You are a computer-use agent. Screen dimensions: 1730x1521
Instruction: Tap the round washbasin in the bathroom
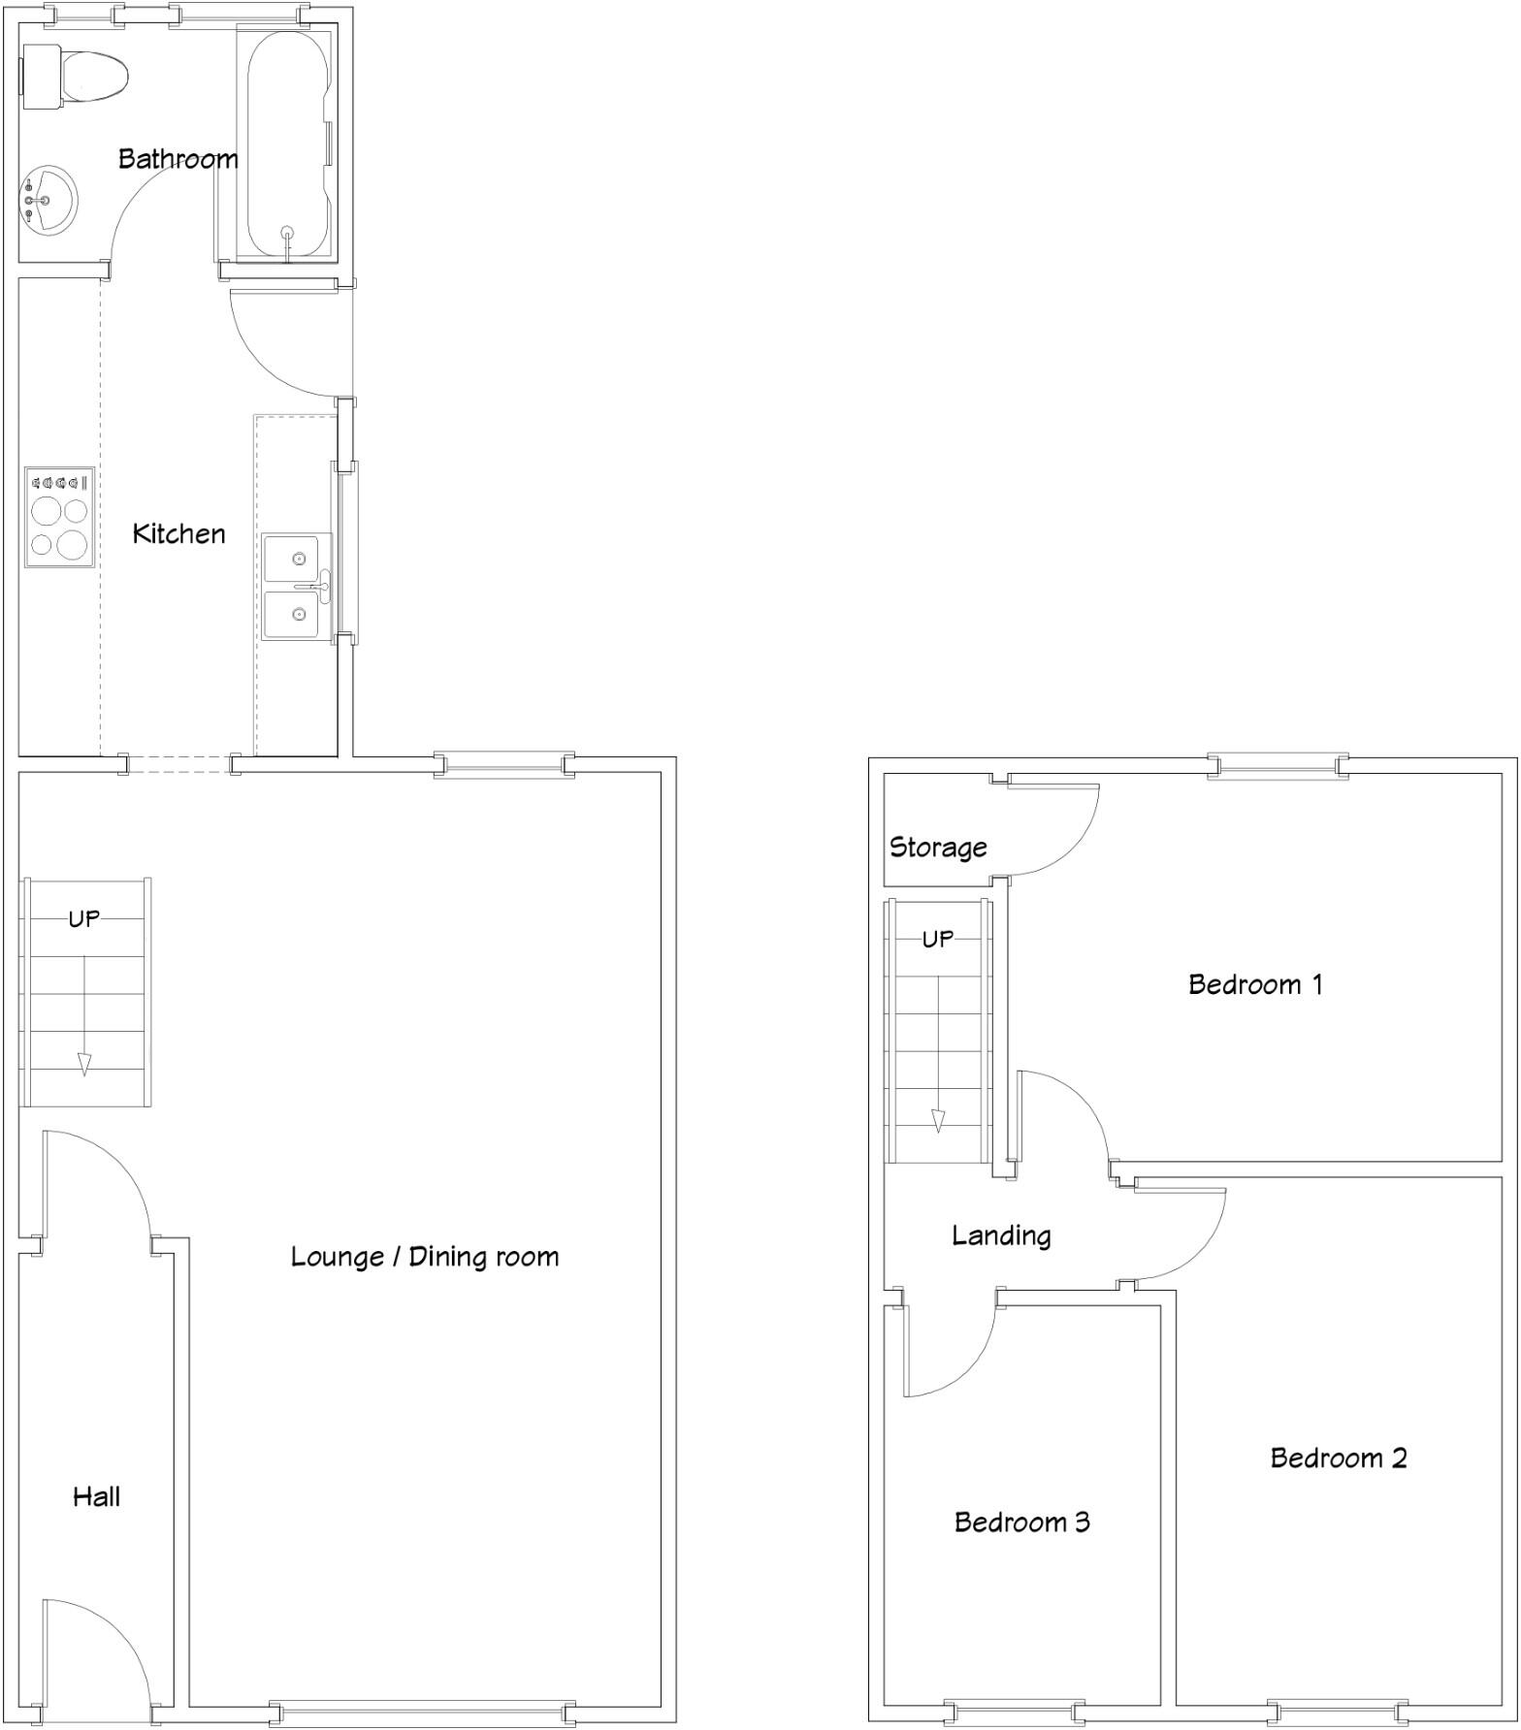pos(47,200)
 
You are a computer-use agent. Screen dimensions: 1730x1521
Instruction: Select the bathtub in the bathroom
pos(288,145)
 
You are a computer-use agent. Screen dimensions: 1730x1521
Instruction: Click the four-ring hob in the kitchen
pos(59,517)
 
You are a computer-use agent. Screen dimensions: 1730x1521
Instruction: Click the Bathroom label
pos(178,158)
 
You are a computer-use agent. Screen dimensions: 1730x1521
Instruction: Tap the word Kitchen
pos(178,533)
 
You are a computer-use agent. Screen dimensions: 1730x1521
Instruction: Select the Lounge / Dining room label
pos(425,1257)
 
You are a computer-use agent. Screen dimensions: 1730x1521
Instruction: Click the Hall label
pos(96,1496)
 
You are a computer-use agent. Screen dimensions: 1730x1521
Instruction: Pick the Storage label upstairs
pos(938,847)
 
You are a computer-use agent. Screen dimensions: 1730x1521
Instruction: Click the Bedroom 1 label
pos(1255,984)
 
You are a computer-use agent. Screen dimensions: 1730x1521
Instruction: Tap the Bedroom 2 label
pos(1338,1458)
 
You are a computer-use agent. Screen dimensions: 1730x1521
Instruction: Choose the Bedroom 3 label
pos(1021,1522)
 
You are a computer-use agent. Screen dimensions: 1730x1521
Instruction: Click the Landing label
pos(1001,1234)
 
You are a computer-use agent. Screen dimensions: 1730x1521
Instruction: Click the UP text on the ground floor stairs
pos(83,917)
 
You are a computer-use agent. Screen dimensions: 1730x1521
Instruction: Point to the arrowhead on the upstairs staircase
pos(938,1121)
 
